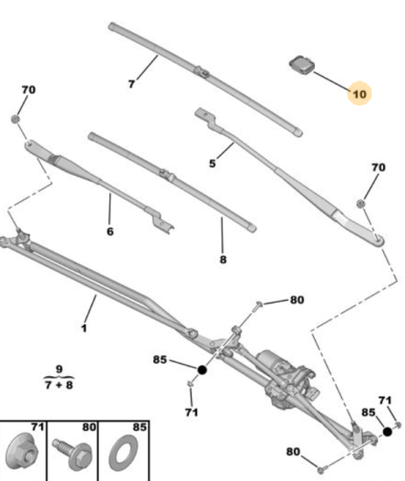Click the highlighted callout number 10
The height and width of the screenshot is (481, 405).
(x=360, y=94)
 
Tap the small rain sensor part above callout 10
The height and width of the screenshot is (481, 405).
(x=302, y=65)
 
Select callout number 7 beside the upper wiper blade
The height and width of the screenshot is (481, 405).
(x=131, y=84)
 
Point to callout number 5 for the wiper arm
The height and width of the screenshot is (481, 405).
(x=213, y=164)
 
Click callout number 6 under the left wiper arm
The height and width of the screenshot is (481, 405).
(x=110, y=231)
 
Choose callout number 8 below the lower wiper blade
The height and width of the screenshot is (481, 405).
(x=223, y=260)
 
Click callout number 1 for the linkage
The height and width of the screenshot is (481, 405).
(x=84, y=328)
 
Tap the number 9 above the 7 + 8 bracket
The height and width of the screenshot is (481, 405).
(x=59, y=369)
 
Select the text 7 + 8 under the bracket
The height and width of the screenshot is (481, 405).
(x=59, y=385)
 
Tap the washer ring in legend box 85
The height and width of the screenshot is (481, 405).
(x=123, y=453)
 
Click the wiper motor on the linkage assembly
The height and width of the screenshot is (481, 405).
(x=287, y=377)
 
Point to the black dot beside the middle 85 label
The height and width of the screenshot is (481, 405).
(x=202, y=370)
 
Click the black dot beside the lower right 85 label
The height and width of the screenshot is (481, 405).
(x=388, y=432)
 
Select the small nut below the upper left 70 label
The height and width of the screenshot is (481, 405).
(x=16, y=119)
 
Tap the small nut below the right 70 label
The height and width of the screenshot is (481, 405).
(x=360, y=203)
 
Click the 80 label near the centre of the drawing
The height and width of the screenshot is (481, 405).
(x=297, y=300)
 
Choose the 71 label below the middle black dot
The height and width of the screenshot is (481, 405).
(x=192, y=412)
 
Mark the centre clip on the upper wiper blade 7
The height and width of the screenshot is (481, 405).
(x=201, y=72)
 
